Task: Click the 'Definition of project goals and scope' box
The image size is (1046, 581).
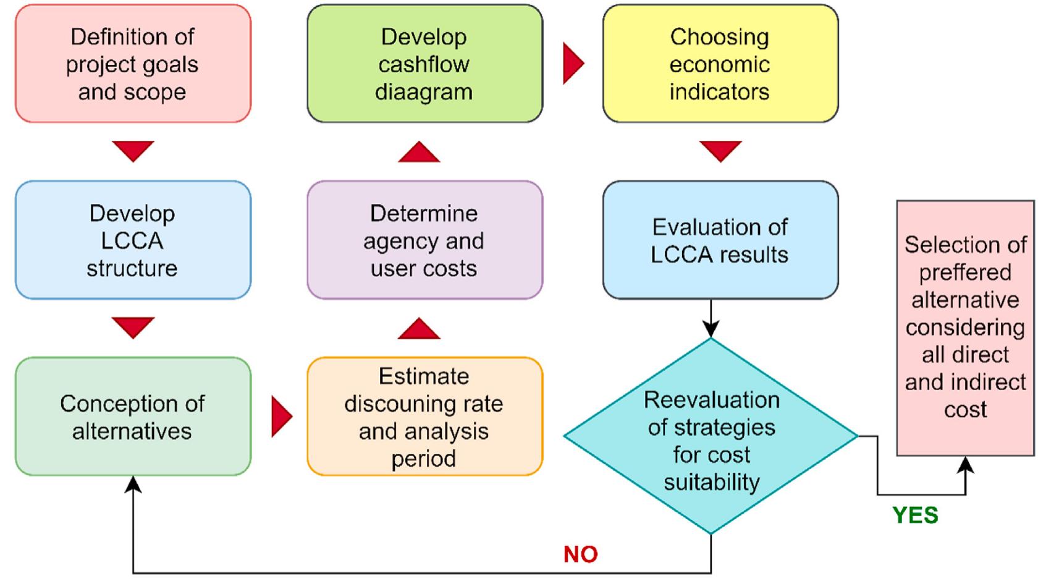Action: click(133, 64)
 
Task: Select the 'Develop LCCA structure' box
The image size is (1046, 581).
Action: click(133, 240)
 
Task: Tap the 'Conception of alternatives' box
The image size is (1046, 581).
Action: click(133, 416)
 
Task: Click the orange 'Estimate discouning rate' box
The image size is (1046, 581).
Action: click(424, 416)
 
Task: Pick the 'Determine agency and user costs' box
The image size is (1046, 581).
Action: click(424, 240)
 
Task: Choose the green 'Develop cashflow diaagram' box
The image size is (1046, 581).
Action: click(424, 64)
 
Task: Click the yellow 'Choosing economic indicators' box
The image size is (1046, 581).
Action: click(720, 64)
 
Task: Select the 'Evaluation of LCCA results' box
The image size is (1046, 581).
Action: click(720, 240)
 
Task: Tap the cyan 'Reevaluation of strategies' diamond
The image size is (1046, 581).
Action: click(711, 436)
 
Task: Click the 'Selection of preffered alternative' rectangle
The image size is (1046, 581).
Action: click(965, 328)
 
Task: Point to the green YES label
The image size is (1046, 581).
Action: click(915, 515)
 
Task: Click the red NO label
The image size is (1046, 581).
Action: click(580, 554)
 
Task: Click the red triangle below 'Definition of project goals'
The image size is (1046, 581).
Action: click(133, 150)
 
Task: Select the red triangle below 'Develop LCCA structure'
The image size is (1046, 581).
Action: click(133, 327)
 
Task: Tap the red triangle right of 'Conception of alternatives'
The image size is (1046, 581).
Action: click(280, 417)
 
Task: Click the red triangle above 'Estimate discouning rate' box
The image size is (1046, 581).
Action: click(419, 329)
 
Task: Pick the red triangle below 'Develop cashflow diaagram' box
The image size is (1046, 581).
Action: click(419, 153)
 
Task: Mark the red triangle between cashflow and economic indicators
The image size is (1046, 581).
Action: click(572, 63)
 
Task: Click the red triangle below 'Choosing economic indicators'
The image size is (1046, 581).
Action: click(720, 150)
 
